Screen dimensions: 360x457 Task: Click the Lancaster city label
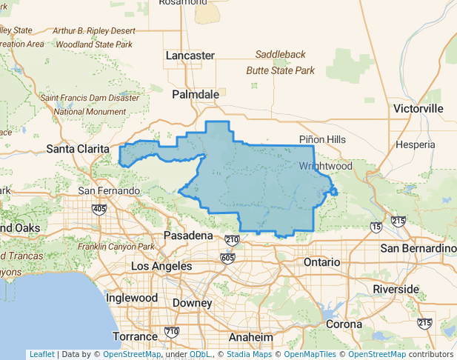pos(190,56)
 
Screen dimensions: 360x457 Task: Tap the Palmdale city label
pos(196,95)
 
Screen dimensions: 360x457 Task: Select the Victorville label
pos(418,109)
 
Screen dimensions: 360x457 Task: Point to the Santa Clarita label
pos(78,149)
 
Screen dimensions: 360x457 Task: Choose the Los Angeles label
pos(161,266)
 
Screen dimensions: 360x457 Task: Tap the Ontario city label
pos(321,262)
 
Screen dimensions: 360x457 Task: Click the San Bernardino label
pos(417,247)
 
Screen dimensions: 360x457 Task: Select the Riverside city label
pos(396,289)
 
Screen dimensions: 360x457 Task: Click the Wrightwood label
pos(326,167)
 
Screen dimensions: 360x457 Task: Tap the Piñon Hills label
pos(322,139)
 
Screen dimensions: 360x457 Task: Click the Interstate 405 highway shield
pos(99,210)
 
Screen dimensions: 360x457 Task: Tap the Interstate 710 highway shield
pos(172,331)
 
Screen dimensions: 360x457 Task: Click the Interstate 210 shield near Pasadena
pos(232,239)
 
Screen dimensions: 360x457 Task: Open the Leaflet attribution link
pos(41,354)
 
